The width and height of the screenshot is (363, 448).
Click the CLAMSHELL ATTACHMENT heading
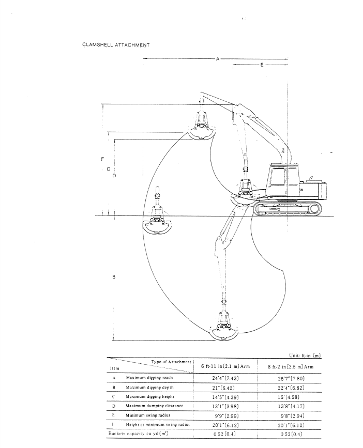[116, 45]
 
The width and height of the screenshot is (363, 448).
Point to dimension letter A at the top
[218, 59]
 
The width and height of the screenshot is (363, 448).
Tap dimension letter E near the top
[262, 65]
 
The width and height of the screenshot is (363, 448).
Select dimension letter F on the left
[102, 159]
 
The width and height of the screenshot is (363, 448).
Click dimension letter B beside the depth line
[114, 277]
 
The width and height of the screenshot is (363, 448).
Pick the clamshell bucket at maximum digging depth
[224, 326]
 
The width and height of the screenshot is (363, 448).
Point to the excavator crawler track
[287, 209]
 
